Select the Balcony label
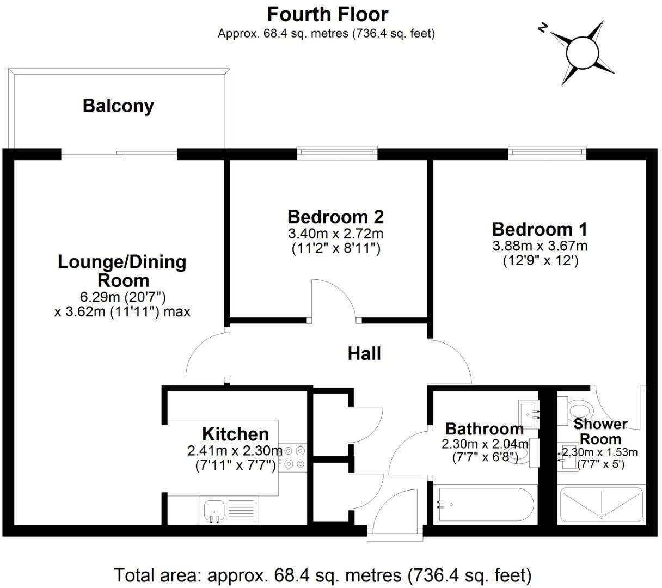(x=118, y=106)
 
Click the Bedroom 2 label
(x=335, y=217)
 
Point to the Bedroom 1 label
(x=540, y=229)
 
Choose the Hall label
(x=364, y=354)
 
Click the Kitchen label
(x=235, y=434)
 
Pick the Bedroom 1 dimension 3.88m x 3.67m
(x=540, y=246)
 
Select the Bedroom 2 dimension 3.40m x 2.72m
(x=335, y=234)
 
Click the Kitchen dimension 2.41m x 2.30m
(x=235, y=451)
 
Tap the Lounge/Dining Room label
(x=122, y=271)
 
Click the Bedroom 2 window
(x=337, y=153)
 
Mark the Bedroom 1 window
(x=547, y=153)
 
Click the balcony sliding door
(x=119, y=155)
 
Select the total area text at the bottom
(x=322, y=575)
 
